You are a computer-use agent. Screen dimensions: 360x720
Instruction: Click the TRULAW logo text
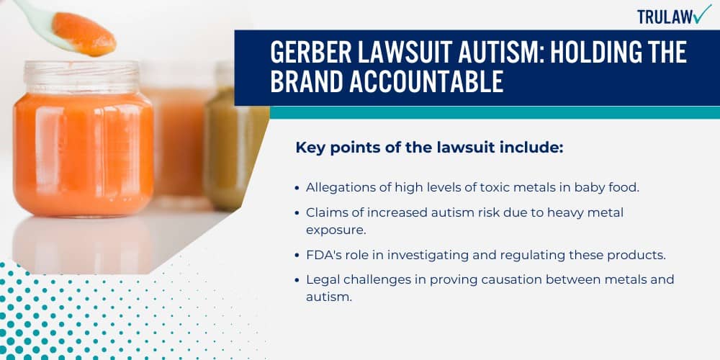coord(664,16)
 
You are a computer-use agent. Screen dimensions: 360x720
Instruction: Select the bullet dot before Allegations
coord(297,187)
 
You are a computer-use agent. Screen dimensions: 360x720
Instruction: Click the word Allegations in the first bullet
coord(338,187)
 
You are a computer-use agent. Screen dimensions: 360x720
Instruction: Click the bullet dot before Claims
coord(297,214)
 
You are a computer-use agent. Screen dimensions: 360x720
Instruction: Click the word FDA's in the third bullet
coord(322,256)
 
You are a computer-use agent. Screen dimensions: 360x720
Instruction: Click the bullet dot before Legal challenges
coord(297,279)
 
